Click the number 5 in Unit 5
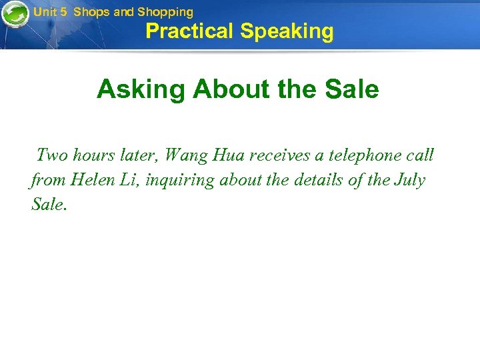63,12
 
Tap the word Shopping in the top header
165,12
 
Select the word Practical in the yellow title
189,31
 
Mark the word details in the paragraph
314,180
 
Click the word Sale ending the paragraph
48,204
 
